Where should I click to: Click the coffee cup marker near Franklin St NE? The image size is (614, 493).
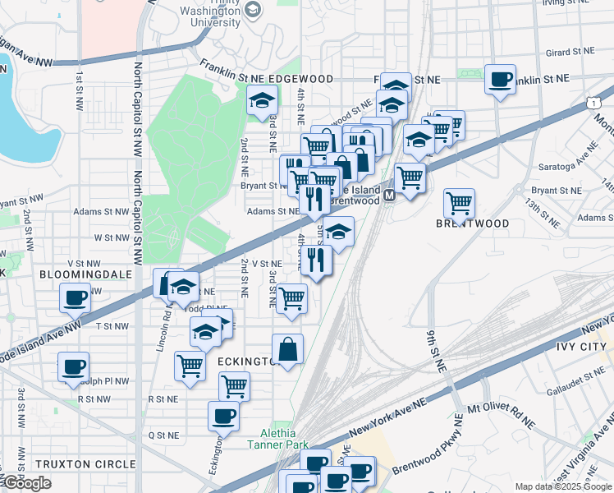500,80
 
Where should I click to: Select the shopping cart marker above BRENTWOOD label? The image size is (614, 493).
459,202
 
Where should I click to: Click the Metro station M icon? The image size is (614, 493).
389,196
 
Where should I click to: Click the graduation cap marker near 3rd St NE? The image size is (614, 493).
262,101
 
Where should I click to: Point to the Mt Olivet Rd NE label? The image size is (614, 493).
500,415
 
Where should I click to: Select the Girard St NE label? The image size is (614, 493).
569,52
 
